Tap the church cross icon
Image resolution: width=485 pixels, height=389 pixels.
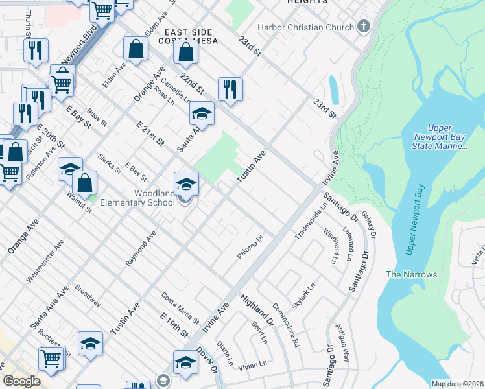364,27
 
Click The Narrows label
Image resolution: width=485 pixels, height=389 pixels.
411,274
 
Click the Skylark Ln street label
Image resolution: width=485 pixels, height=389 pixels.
303,296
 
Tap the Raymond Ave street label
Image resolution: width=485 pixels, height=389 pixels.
141,248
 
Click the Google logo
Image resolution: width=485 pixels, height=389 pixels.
22,381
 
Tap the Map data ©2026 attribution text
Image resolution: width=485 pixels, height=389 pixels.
456,384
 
